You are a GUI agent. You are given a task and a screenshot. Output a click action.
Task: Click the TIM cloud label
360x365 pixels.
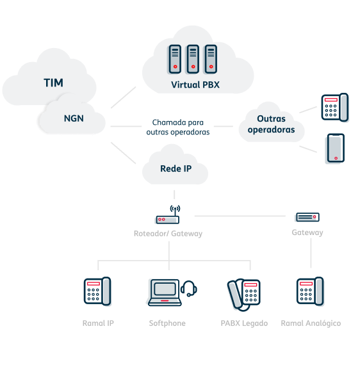pos(53,83)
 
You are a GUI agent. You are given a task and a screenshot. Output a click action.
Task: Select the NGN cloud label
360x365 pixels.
pos(73,118)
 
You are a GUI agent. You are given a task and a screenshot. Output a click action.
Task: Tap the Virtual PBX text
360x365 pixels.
pos(195,85)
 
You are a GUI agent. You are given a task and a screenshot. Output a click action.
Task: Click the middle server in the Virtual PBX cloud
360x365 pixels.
pos(192,58)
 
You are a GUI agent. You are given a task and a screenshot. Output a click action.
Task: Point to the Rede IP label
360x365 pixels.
pos(175,169)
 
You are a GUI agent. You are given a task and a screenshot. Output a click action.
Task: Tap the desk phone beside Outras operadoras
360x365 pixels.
pos(335,108)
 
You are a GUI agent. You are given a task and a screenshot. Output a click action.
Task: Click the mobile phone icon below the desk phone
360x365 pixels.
pos(334,149)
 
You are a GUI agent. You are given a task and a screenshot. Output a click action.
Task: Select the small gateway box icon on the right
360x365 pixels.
pos(307,217)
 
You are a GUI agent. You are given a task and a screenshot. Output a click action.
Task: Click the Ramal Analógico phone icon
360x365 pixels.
pos(310,292)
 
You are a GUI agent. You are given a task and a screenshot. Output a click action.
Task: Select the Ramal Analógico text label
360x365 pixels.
pos(311,323)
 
